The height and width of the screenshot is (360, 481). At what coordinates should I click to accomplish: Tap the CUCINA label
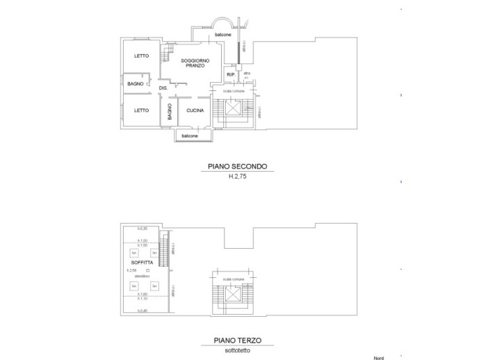point(194,110)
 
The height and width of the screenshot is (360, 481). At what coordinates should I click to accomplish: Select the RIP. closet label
point(230,74)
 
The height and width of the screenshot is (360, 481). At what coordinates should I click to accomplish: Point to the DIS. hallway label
point(164,88)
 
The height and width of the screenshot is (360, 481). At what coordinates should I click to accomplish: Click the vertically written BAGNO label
point(169,112)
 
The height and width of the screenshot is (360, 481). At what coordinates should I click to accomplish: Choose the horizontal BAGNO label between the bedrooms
point(135,84)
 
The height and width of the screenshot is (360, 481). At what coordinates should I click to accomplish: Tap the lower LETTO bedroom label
point(141,110)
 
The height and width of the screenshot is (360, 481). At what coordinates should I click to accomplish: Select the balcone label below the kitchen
point(190,136)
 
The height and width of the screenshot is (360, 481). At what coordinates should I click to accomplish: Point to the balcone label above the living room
point(223,35)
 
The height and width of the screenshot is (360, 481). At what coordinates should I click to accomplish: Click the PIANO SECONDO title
point(237,167)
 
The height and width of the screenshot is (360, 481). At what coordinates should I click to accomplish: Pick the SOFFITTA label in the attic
point(141,263)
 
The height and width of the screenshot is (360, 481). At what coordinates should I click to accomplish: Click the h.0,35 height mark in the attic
point(142,229)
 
